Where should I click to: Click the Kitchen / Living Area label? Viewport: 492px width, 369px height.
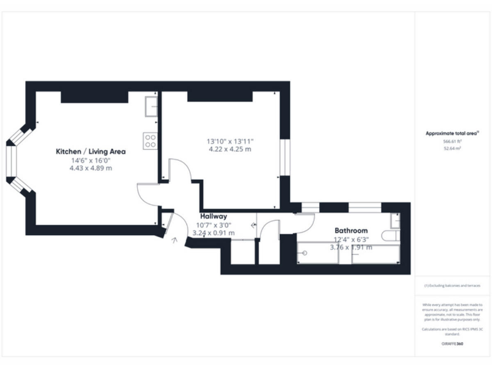(90, 151)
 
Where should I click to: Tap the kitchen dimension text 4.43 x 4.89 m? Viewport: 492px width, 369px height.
(90, 168)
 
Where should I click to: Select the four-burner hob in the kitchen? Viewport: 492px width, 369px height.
(151, 140)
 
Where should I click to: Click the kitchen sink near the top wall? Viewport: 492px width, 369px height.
(151, 106)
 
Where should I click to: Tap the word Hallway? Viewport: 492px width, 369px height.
(214, 217)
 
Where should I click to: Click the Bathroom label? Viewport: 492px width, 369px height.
(351, 230)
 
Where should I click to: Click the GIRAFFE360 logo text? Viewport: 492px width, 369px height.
(452, 344)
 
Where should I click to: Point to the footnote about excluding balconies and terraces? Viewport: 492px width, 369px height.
(452, 285)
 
